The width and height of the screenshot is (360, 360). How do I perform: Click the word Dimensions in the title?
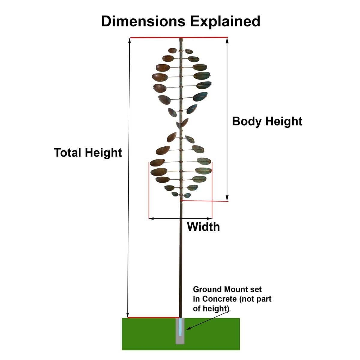[143, 21]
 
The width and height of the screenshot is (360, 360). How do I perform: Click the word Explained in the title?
[225, 21]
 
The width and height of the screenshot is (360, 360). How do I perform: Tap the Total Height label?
[88, 153]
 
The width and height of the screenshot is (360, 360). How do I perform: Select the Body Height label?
[267, 121]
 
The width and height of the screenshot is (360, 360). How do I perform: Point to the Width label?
[203, 227]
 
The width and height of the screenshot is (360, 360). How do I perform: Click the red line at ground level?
[153, 317]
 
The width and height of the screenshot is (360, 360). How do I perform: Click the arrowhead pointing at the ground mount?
[188, 329]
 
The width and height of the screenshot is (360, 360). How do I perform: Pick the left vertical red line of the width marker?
[149, 189]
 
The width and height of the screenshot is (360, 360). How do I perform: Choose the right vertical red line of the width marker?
[212, 189]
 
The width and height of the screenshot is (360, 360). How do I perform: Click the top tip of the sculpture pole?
[181, 38]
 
